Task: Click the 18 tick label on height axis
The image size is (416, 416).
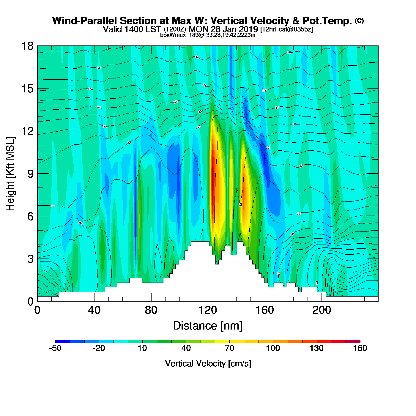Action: pyautogui.click(x=27, y=46)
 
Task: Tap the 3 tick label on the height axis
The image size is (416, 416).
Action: pyautogui.click(x=30, y=259)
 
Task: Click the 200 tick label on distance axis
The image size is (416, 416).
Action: pyautogui.click(x=322, y=311)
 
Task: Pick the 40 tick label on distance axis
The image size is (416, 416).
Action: pyautogui.click(x=94, y=311)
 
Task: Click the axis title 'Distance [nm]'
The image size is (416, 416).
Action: pyautogui.click(x=208, y=326)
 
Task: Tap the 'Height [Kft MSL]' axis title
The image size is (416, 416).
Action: pyautogui.click(x=10, y=174)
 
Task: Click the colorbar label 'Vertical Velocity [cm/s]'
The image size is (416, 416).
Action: pyautogui.click(x=208, y=363)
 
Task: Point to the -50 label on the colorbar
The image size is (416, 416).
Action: pyautogui.click(x=55, y=348)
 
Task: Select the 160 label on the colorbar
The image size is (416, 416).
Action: pyautogui.click(x=360, y=348)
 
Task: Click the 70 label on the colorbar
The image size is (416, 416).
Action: pyautogui.click(x=229, y=348)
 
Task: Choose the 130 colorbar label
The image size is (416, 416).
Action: pyautogui.click(x=316, y=348)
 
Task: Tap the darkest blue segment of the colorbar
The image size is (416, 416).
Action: pyautogui.click(x=63, y=341)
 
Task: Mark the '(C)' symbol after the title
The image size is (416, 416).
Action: pyautogui.click(x=359, y=21)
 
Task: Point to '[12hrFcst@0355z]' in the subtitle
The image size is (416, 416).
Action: pyautogui.click(x=286, y=29)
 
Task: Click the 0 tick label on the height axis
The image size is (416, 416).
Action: pyautogui.click(x=30, y=302)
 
